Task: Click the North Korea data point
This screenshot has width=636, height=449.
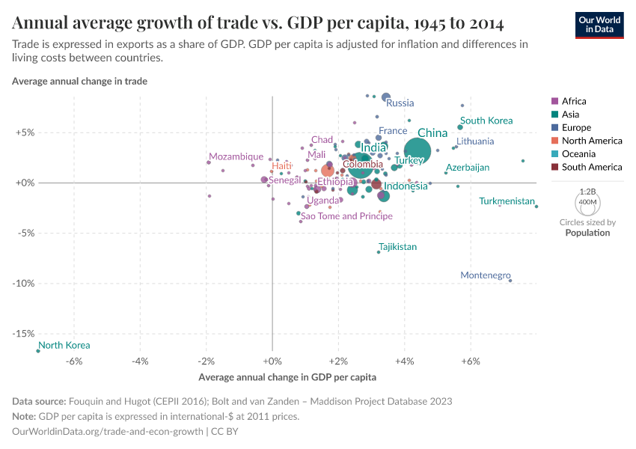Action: pyautogui.click(x=37, y=350)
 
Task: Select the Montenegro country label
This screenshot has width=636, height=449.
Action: pyautogui.click(x=485, y=275)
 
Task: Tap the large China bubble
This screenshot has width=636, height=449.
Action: pyautogui.click(x=418, y=152)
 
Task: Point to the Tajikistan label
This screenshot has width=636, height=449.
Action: pyautogui.click(x=397, y=247)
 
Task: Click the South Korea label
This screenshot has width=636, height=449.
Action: pyautogui.click(x=486, y=120)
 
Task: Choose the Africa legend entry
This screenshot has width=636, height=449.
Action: pyautogui.click(x=574, y=101)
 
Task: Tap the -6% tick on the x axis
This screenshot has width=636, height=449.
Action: pyautogui.click(x=74, y=361)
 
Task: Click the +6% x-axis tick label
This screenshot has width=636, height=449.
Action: pyautogui.click(x=470, y=361)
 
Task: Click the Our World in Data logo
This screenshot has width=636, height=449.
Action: pyautogui.click(x=599, y=24)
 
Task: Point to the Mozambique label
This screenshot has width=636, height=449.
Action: pyautogui.click(x=236, y=156)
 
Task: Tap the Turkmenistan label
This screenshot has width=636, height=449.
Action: pyautogui.click(x=507, y=201)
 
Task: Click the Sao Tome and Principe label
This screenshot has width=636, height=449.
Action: pyautogui.click(x=346, y=216)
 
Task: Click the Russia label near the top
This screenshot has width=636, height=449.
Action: pyautogui.click(x=400, y=103)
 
